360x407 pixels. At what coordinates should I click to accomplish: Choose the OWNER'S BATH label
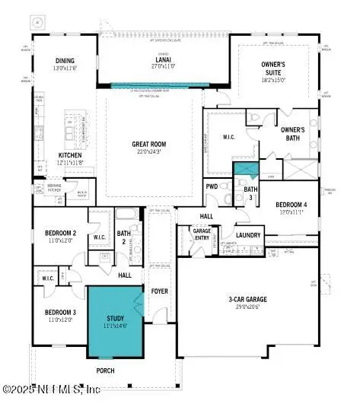pos(293,134)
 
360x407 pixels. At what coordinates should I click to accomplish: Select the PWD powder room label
pos(212,186)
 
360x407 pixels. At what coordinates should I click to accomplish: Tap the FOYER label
pos(159,290)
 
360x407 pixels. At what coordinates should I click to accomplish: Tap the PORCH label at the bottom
pos(106,370)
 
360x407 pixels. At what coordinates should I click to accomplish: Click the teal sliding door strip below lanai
pos(161,86)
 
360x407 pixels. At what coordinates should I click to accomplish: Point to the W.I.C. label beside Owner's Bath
pos(229,138)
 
